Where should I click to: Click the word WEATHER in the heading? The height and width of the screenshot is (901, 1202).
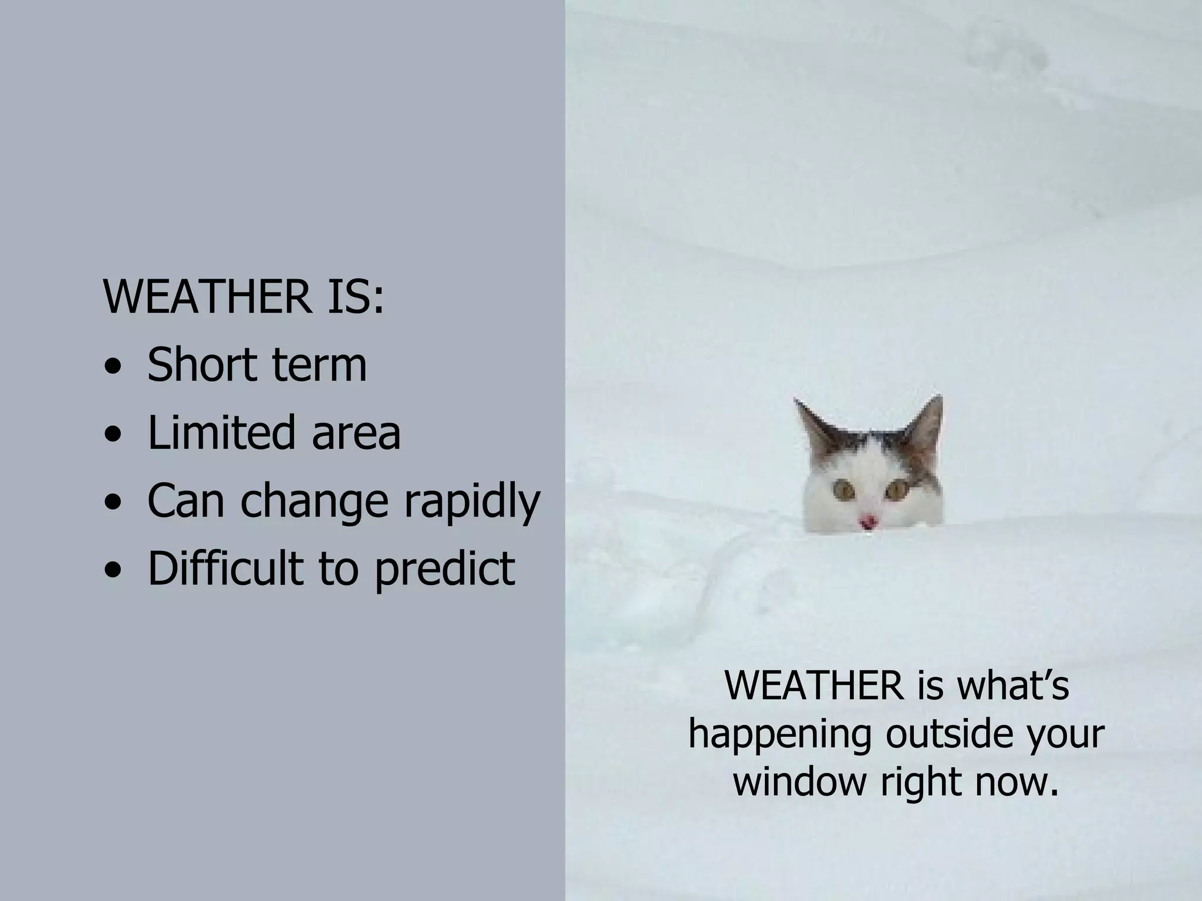pyautogui.click(x=207, y=297)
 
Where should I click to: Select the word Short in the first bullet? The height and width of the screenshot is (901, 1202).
pyautogui.click(x=200, y=364)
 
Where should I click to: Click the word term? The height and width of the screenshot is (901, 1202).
pyautogui.click(x=319, y=364)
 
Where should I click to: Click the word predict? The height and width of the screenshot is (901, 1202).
pyautogui.click(x=445, y=568)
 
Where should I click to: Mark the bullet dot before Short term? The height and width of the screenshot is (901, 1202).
pyautogui.click(x=112, y=369)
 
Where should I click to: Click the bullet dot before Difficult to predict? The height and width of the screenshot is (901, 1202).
pyautogui.click(x=112, y=571)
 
